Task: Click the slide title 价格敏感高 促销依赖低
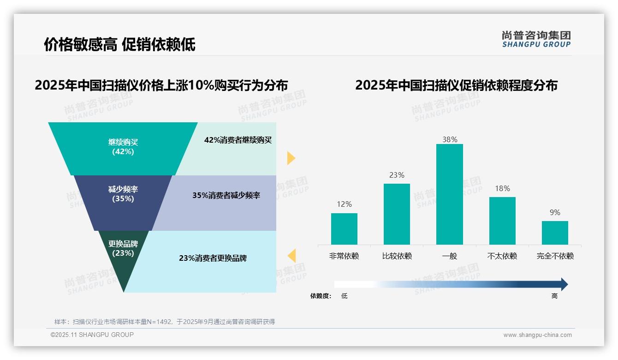[x=119, y=44]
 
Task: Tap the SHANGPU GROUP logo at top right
[x=536, y=39]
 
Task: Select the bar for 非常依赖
[x=344, y=228]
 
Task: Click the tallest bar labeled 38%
[x=449, y=194]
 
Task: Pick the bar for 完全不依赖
[x=555, y=233]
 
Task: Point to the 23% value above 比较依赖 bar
[x=397, y=175]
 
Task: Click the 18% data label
[x=502, y=188]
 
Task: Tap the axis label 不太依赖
[x=502, y=256]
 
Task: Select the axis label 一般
[x=449, y=256]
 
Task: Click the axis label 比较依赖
[x=397, y=256]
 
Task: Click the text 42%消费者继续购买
[x=238, y=140]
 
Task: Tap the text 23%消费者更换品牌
[x=213, y=258]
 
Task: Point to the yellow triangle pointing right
[x=291, y=158]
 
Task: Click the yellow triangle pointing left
[x=291, y=255]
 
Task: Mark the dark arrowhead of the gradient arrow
[x=564, y=284]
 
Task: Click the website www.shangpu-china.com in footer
[x=537, y=335]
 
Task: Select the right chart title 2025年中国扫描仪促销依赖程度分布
[x=456, y=85]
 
